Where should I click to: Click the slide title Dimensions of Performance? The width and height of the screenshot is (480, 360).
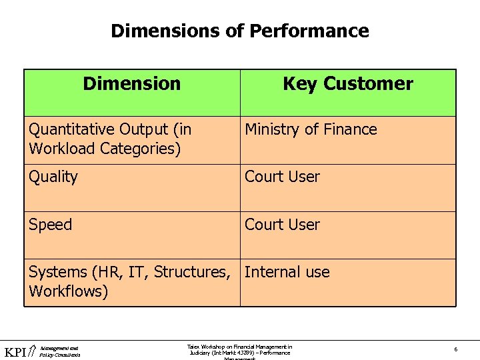(x=239, y=31)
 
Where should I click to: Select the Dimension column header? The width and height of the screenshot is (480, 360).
(x=131, y=84)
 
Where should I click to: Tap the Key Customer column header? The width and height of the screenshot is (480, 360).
(x=347, y=84)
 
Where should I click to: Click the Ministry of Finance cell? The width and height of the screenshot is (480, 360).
(x=311, y=129)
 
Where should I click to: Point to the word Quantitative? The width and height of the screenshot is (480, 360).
(x=72, y=129)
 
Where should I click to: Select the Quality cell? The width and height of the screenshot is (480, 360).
(x=53, y=177)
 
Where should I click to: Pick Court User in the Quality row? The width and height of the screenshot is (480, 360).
(x=282, y=177)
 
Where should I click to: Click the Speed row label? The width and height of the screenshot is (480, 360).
(x=50, y=225)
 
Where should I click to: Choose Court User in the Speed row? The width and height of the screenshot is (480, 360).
(x=282, y=225)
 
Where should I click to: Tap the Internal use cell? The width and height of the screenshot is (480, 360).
(x=287, y=272)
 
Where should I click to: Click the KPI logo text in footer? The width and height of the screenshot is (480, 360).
(x=16, y=352)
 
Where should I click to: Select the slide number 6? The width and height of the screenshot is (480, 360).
(x=455, y=349)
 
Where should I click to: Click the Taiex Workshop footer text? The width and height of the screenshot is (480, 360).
(x=239, y=350)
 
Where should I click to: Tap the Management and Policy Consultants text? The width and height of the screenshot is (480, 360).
(x=59, y=351)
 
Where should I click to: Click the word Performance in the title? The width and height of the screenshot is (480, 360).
(x=309, y=31)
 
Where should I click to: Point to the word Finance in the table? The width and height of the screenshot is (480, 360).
(x=351, y=129)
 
